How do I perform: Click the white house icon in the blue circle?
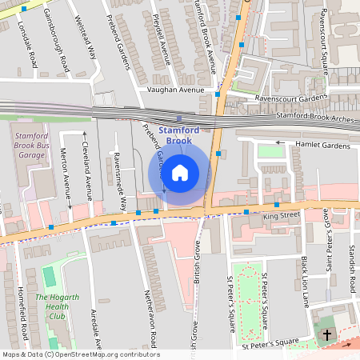coord(180,172)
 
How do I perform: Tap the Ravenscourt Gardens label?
coord(291,98)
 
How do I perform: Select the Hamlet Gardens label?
coord(323,146)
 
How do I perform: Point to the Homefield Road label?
coord(22,312)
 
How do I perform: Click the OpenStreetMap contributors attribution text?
coord(80,354)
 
